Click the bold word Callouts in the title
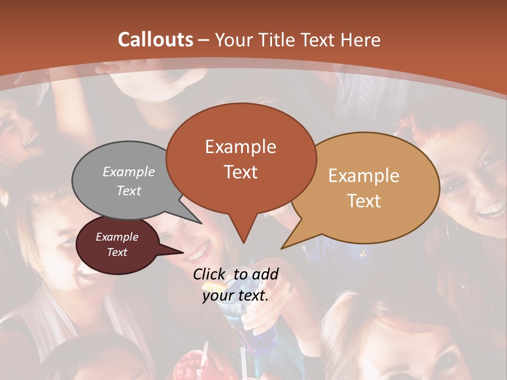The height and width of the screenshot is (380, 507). click(155, 40)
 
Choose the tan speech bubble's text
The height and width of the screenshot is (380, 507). click(364, 188)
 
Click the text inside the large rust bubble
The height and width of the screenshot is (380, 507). click(241, 159)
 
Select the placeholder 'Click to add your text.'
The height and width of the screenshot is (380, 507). click(236, 285)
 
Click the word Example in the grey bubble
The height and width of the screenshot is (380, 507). click(129, 172)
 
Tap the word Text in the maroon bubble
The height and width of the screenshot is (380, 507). click(117, 252)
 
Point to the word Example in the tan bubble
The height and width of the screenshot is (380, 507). click(364, 176)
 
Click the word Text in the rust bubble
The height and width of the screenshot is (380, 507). click(241, 172)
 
